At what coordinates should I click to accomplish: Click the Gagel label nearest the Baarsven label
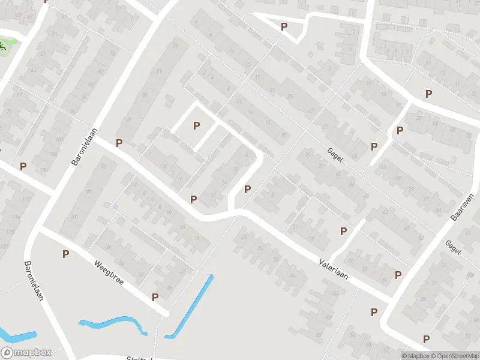(x=452, y=247)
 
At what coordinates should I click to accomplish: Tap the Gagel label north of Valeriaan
(x=334, y=154)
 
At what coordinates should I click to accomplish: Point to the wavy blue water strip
(x=114, y=323)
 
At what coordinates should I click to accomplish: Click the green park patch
(x=5, y=46)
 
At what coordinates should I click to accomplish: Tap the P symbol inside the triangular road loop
(x=284, y=27)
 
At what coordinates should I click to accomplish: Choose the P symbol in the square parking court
(x=196, y=125)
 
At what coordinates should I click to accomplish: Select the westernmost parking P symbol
(x=23, y=166)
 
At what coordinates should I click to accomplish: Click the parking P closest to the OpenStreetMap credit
(x=427, y=339)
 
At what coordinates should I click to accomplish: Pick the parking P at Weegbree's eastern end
(x=155, y=296)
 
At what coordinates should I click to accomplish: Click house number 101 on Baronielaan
(x=73, y=217)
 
